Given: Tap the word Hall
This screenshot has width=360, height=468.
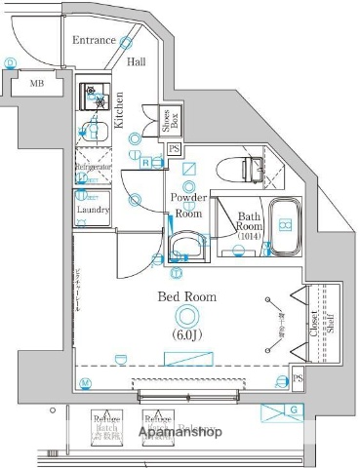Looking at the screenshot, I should [x=137, y=61].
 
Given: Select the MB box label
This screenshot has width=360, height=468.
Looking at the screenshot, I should [x=36, y=84].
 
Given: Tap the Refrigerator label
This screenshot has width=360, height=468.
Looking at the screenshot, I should [x=94, y=167].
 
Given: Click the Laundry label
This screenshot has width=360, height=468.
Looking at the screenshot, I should [x=93, y=208].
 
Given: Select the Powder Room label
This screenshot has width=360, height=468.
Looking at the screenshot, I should [x=187, y=205].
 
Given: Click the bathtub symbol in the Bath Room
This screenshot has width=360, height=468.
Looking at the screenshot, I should [x=284, y=224].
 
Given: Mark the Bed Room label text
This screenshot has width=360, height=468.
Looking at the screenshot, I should [x=181, y=296].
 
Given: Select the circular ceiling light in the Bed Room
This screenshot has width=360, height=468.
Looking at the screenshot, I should [x=185, y=315].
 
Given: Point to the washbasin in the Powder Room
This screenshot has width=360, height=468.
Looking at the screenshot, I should [x=183, y=245].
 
